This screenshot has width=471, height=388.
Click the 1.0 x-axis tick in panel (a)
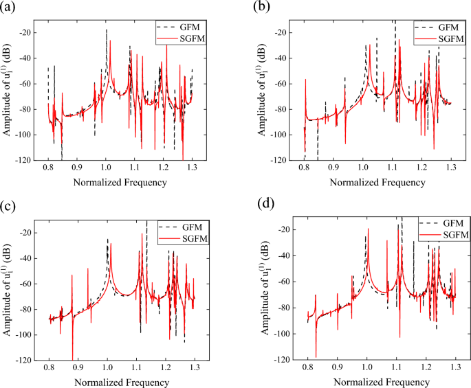[106, 168]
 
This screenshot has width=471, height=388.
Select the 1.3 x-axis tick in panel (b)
[451, 168]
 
